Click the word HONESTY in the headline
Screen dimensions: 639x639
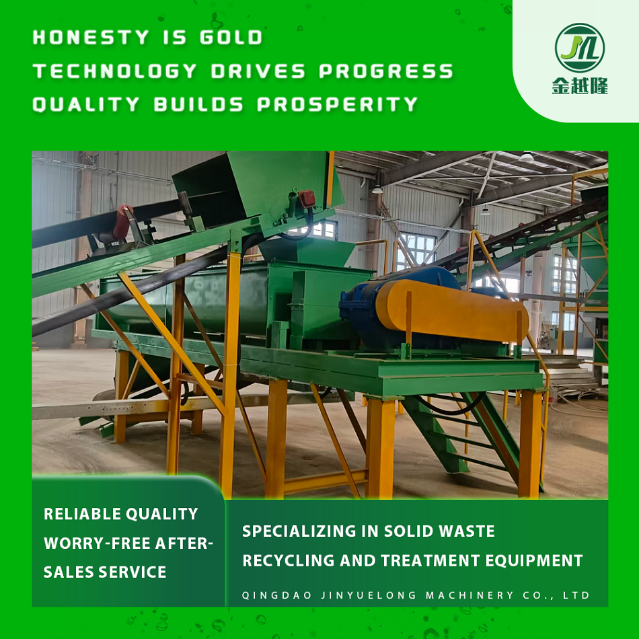[x=91, y=38]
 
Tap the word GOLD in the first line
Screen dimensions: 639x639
[x=231, y=38]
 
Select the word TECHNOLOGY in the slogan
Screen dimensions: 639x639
[x=115, y=71]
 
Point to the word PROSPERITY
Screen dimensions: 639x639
[x=338, y=104]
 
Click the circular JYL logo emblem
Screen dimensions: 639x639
[x=580, y=48]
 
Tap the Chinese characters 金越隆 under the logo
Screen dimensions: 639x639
[x=580, y=86]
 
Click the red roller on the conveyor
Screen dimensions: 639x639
[x=122, y=222]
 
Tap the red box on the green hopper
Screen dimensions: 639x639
[x=307, y=199]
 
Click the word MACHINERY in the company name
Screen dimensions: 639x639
[x=469, y=595]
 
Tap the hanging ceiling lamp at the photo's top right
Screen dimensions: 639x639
[x=527, y=156]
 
